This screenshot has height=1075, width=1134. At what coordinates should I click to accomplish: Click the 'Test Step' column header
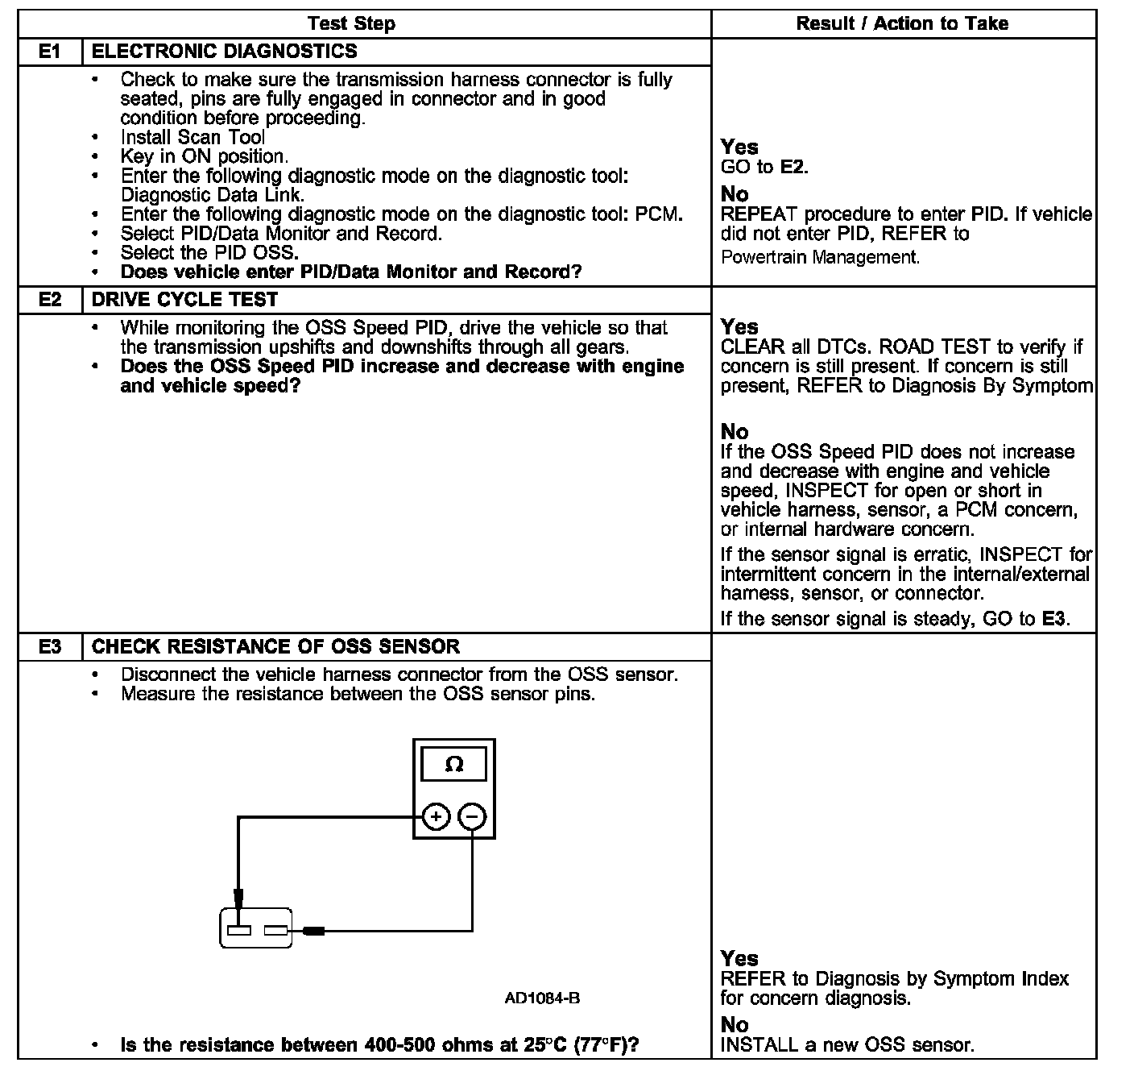point(351,23)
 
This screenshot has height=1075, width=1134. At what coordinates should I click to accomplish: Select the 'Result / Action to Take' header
point(902,23)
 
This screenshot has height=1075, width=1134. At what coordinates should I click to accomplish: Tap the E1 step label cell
point(50,52)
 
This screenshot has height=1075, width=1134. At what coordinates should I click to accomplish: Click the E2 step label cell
point(50,300)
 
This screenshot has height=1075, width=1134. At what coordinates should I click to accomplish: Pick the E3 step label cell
point(50,646)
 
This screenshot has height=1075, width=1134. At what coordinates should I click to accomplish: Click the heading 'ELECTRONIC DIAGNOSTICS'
point(225,52)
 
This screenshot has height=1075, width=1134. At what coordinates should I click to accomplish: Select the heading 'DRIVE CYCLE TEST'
point(184,300)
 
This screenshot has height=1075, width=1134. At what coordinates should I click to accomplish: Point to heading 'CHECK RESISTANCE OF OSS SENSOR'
point(275,646)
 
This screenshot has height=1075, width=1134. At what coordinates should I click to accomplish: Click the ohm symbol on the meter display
point(454,765)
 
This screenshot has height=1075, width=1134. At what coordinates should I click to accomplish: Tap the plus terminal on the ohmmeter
point(436,817)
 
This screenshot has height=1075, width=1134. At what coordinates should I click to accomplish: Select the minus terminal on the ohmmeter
point(472,817)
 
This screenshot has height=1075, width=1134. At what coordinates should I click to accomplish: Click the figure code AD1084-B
point(542,998)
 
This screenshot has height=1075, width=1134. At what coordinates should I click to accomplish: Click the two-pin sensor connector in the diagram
point(256,928)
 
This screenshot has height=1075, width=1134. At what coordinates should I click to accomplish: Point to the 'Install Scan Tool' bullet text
point(192,137)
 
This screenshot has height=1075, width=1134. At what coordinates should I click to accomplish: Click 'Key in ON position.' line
point(204,156)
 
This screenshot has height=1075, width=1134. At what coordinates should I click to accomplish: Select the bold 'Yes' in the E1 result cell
point(739,147)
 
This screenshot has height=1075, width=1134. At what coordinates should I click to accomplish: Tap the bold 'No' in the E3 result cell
point(734,1025)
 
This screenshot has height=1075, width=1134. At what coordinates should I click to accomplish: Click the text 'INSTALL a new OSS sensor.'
point(847,1045)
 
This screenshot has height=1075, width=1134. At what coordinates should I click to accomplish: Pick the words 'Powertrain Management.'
point(820,257)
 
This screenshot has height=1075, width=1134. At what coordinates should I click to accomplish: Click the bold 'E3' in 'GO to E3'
point(1053,619)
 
